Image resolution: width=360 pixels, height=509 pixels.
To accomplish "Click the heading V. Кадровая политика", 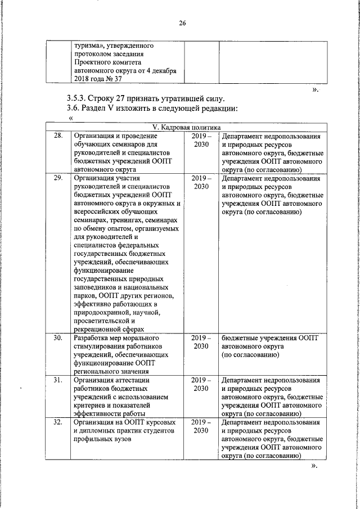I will [x=182, y=128].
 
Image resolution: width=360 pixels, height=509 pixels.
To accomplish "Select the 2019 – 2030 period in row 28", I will [x=201, y=141].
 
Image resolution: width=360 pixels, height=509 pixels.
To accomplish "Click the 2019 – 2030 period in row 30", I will [x=201, y=342].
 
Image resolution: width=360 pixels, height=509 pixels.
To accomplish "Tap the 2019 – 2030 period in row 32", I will [x=201, y=425].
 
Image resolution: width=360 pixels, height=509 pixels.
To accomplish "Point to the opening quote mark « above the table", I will [x=70, y=118].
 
